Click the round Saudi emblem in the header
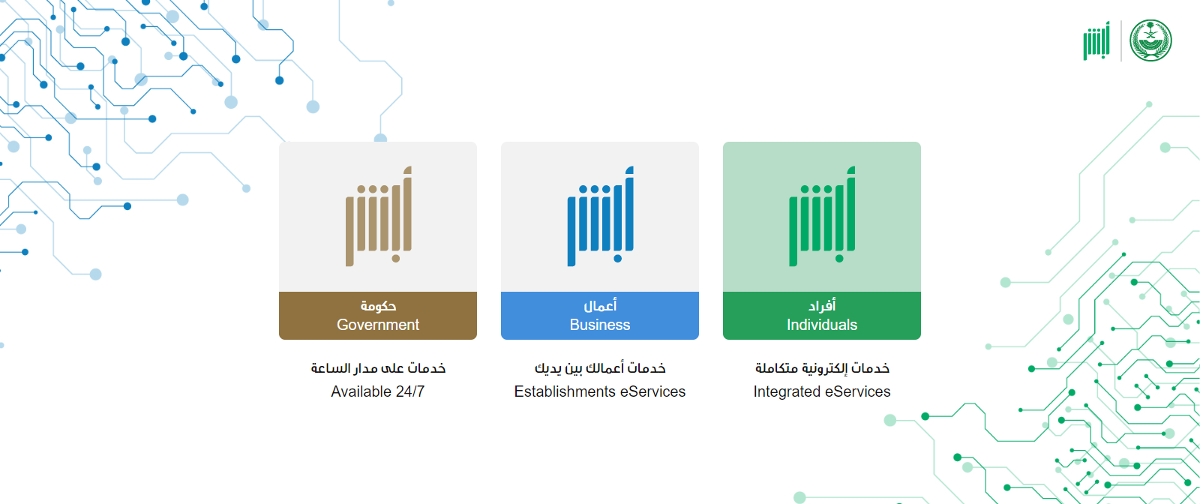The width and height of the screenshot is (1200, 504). click(1150, 40)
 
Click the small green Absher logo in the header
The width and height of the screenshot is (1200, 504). click(1096, 40)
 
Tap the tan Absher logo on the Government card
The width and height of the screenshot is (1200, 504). click(379, 217)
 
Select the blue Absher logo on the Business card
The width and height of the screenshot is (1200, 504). click(601, 217)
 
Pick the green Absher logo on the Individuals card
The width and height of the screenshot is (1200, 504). click(822, 217)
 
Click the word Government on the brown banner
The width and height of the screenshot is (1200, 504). click(378, 325)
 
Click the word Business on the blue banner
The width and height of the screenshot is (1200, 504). click(599, 325)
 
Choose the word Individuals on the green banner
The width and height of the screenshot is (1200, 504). click(822, 325)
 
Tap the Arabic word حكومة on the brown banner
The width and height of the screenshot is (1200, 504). click(378, 306)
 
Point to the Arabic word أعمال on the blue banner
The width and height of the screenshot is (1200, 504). click(600, 305)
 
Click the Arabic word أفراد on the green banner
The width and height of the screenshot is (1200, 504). click(822, 305)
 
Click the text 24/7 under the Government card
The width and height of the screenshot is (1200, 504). click(409, 391)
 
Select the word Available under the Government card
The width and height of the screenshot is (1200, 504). click(361, 391)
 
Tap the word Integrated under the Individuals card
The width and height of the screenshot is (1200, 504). click(787, 392)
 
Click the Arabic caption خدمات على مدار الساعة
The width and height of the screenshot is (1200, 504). click(378, 368)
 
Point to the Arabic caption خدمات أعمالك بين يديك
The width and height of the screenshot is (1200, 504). click(600, 368)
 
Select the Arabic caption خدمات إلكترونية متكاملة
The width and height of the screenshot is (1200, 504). click(822, 368)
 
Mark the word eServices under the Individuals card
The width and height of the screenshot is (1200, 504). click(858, 391)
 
